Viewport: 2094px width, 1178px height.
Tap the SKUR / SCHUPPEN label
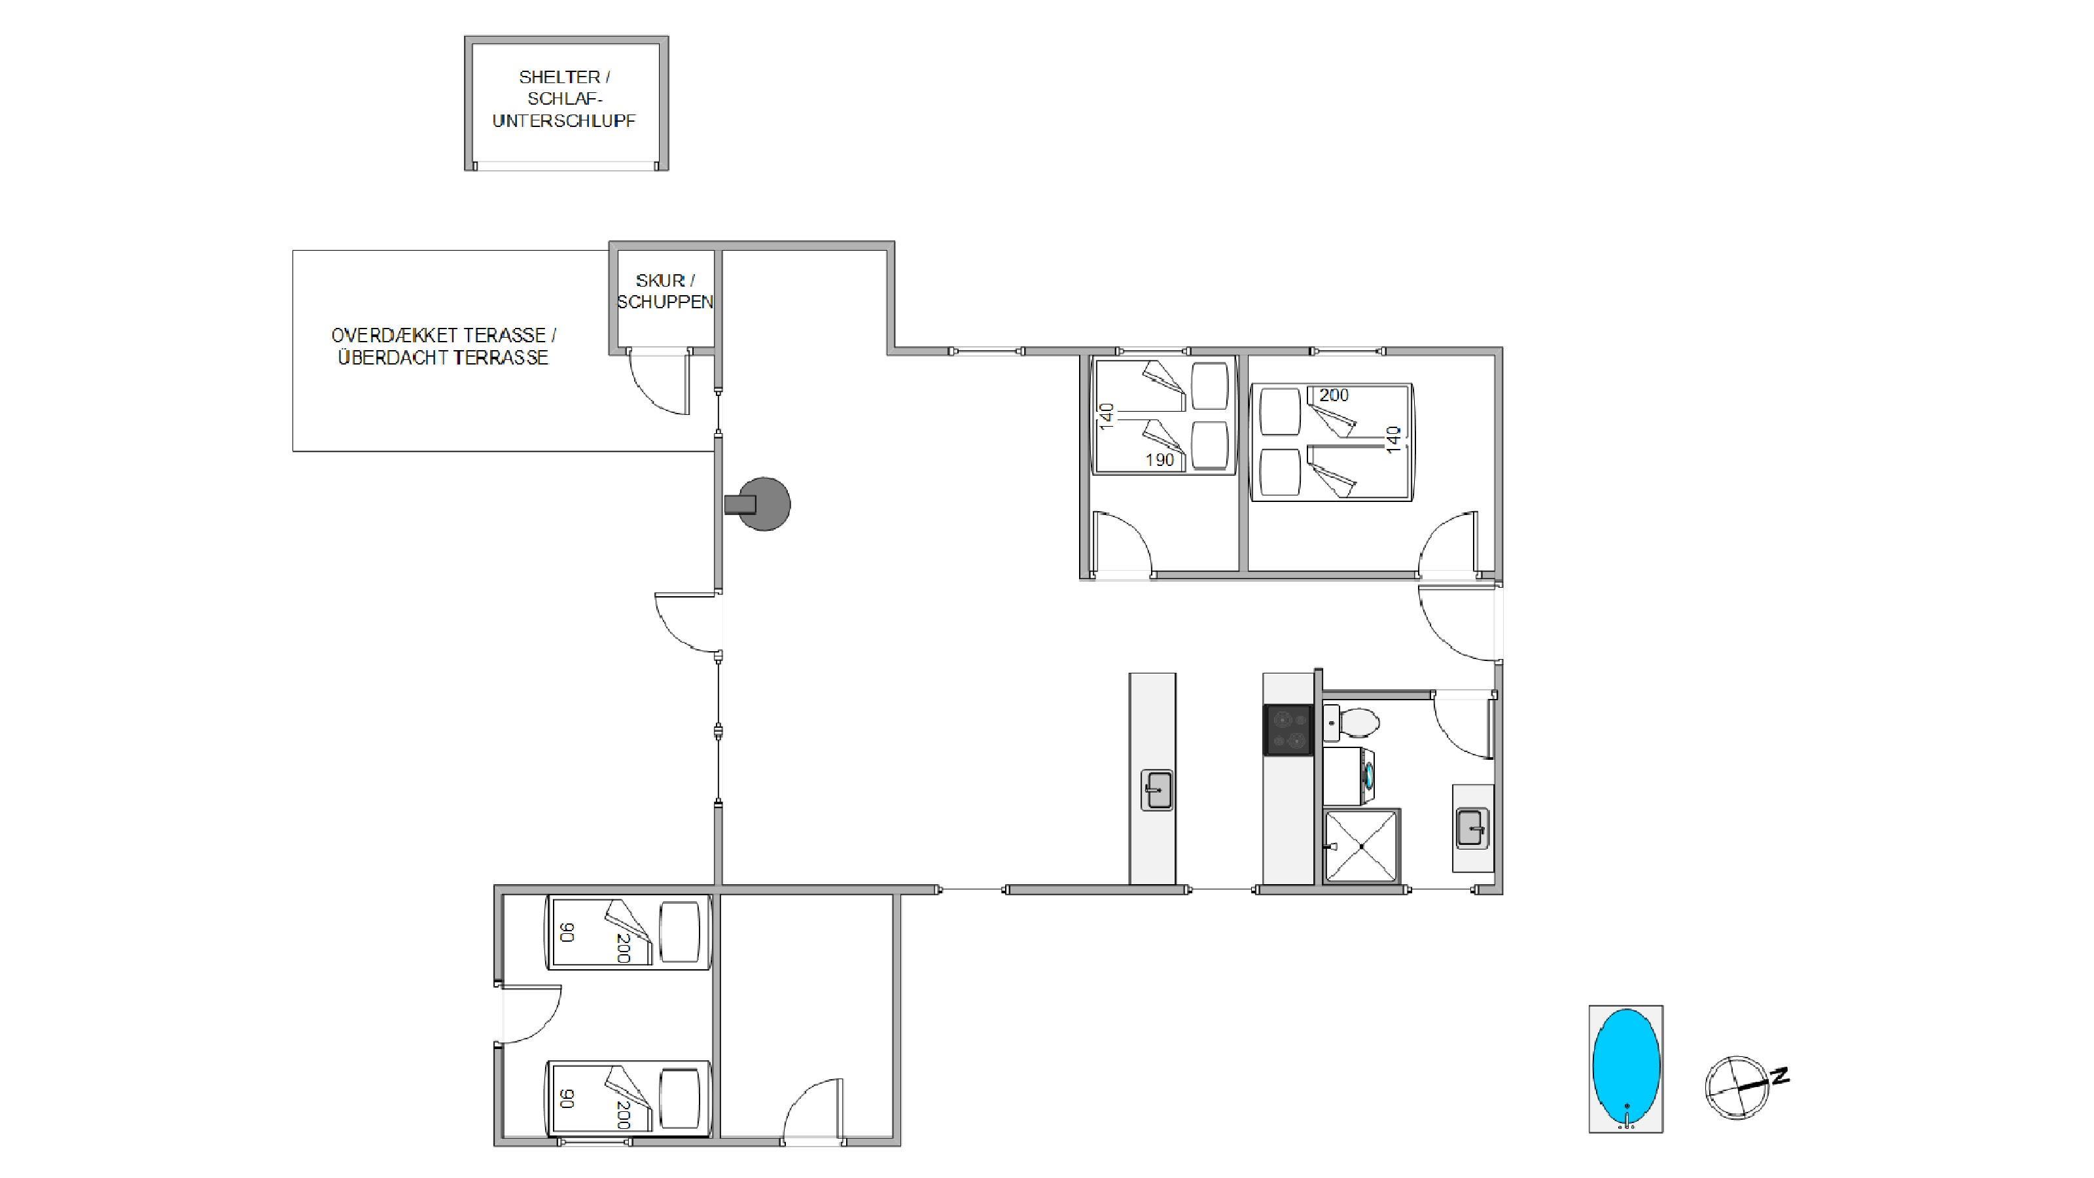tap(665, 291)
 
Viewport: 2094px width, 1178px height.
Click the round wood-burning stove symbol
tap(758, 504)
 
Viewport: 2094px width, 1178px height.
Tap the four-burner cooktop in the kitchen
tap(1288, 729)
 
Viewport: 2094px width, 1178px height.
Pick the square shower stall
tap(1362, 846)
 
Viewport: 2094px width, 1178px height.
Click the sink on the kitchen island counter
tap(1157, 789)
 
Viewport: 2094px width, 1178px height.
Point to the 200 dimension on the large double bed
tap(1334, 395)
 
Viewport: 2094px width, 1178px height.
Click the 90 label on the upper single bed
tap(567, 933)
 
